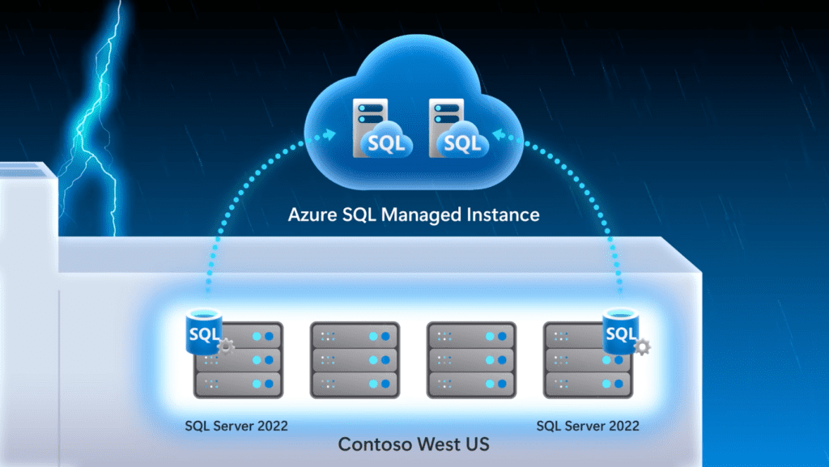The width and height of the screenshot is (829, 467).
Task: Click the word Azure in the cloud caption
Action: tap(312, 215)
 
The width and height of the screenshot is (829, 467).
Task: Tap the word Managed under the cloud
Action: tap(421, 215)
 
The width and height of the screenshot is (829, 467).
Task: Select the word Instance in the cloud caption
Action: tap(503, 215)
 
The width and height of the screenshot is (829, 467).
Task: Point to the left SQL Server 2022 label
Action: tap(236, 426)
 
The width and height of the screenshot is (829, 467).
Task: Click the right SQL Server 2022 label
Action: tap(588, 426)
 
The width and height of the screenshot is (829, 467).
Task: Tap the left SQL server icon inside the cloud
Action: tap(382, 129)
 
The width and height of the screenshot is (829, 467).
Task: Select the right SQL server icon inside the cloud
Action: tap(458, 129)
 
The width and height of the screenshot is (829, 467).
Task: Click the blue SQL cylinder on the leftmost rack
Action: tap(204, 331)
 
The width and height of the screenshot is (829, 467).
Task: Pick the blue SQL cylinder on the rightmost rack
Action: tap(621, 331)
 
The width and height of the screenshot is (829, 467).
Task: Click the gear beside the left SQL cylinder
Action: tap(226, 346)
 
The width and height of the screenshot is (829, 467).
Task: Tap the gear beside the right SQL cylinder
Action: tap(642, 346)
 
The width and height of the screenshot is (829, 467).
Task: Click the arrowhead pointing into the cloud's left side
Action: tap(329, 134)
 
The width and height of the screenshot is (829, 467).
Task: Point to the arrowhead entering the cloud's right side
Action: tap(499, 134)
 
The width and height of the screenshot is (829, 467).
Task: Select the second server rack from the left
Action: tap(355, 359)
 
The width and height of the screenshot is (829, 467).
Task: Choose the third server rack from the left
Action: tap(472, 359)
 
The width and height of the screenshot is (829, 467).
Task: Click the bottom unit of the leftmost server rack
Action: tap(239, 384)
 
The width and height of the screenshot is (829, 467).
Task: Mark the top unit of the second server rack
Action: tap(355, 336)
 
